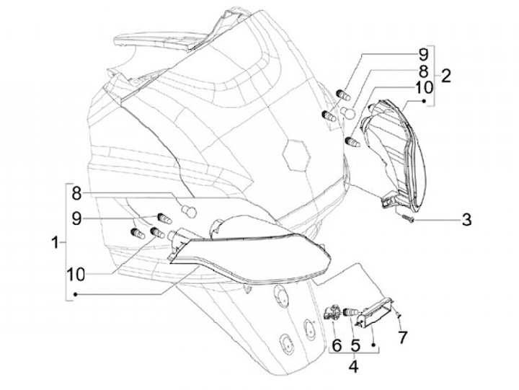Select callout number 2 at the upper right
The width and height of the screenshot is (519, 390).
point(446,75)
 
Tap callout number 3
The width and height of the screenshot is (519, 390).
point(466,219)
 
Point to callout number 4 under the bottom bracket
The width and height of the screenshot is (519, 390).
point(353,365)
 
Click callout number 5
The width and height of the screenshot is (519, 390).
point(355,345)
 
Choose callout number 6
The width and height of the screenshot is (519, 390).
point(336,345)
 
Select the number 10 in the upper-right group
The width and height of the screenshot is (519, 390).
point(423,89)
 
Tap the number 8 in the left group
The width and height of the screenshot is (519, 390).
point(77,192)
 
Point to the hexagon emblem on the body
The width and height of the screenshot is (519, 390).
point(296,153)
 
